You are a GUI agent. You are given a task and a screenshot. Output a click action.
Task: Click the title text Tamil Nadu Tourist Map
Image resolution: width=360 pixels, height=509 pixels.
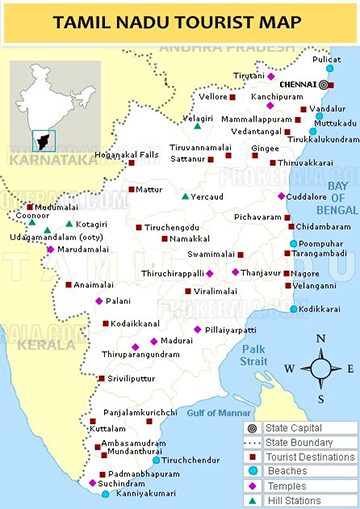coord(180,21)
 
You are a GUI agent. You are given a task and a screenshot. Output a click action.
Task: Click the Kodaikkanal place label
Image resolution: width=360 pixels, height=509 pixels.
coord(140,323)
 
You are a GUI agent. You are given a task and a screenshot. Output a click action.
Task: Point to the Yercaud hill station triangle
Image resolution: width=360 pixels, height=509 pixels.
coord(185,196)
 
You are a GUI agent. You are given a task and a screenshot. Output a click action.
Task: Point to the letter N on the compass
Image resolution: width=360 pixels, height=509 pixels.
coord(321,338)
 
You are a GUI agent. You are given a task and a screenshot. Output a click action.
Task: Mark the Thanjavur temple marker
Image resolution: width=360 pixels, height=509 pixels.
coord(237,272)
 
